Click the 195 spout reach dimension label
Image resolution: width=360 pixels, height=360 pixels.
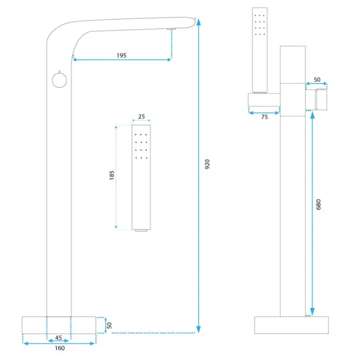121,55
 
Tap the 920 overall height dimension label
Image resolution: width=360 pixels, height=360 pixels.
207,164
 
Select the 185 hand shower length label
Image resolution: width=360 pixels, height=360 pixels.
112,175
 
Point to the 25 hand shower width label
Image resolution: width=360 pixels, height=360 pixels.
141,116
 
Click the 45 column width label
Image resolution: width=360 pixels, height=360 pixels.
58,337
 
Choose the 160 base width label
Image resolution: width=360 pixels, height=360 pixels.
60,348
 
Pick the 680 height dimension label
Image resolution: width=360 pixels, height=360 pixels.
318,204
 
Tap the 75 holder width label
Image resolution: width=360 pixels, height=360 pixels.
265,117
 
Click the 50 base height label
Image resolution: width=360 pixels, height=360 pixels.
109,325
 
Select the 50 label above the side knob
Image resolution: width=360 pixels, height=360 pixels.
317,80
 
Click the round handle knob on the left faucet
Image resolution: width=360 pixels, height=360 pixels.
60,80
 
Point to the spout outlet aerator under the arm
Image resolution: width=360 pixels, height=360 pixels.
172,29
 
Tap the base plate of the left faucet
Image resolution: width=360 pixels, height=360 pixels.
59,325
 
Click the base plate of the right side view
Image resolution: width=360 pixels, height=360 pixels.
291,325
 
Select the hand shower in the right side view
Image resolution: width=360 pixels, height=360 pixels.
260,50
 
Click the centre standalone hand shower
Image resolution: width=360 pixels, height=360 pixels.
141,177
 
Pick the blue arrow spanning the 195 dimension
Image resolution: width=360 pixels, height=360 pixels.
122,60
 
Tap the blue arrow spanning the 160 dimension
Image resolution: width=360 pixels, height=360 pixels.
59,343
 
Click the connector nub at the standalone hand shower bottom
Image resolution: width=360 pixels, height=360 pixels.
141,230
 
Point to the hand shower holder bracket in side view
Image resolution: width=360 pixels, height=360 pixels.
264,100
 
